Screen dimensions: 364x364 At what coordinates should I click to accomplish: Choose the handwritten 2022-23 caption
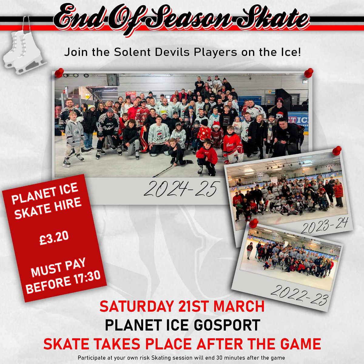299,296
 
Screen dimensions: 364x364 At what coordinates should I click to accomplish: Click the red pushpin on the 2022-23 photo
254,223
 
